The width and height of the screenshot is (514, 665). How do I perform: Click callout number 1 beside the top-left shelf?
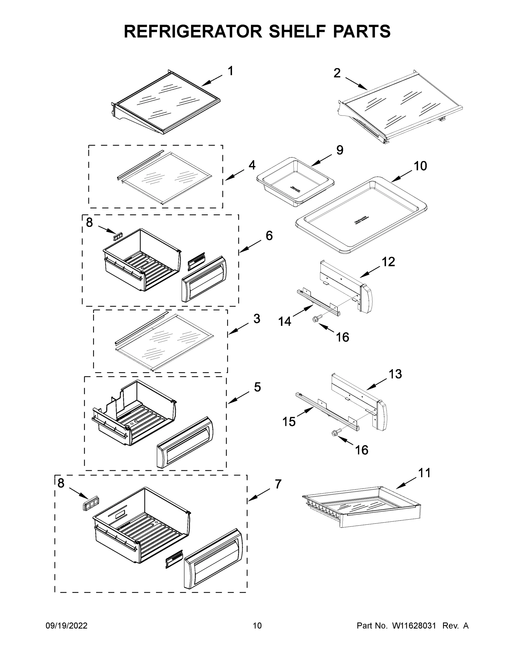point(231,71)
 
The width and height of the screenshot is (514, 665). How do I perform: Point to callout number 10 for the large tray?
point(420,166)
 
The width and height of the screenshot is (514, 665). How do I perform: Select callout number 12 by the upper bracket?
point(388,262)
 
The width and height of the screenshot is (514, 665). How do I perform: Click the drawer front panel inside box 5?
point(185,442)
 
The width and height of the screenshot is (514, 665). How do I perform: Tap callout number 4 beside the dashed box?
point(252,165)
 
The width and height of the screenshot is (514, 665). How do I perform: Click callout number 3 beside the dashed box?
point(257,319)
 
